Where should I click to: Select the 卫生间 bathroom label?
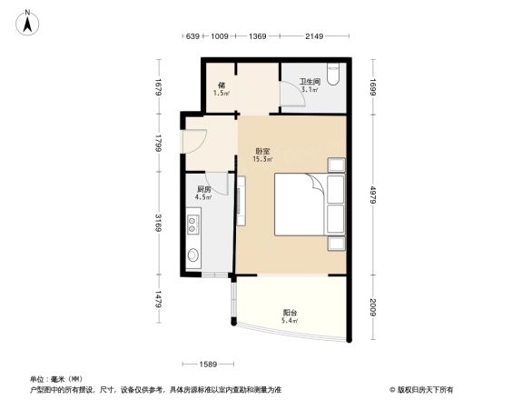tap(310, 85)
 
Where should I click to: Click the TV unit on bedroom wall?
tap(241, 201)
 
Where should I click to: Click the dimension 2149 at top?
tap(314, 37)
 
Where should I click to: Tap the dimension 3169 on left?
tap(158, 221)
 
